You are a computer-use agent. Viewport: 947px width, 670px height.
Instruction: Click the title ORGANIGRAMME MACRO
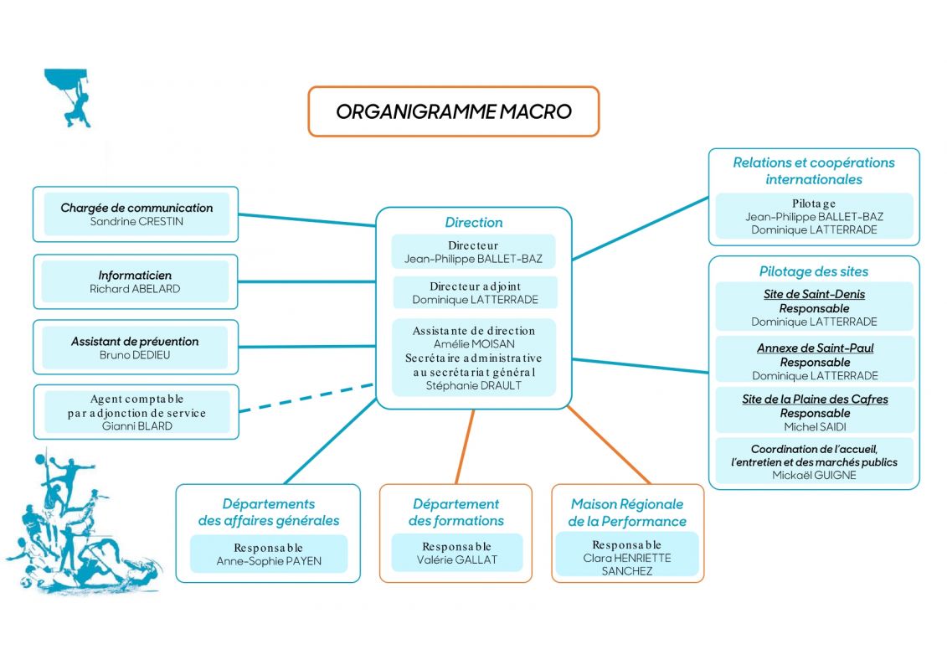point(454,111)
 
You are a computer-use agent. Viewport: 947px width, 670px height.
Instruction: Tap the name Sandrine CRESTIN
point(136,222)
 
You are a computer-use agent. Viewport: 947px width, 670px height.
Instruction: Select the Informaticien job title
point(135,276)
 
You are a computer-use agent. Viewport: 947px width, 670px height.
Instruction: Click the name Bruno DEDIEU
point(135,355)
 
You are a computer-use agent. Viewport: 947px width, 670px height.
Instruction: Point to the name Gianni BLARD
point(137,426)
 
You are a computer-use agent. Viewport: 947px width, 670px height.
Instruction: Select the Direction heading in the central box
point(474,222)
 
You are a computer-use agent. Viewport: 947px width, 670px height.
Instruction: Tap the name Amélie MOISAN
point(474,343)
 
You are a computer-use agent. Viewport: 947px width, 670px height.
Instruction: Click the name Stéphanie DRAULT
point(474,385)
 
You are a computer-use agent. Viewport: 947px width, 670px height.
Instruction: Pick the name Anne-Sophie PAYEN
point(269,561)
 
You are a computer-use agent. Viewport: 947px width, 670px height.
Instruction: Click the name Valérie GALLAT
point(456,560)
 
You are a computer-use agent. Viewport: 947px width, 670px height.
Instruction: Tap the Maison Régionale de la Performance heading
point(627,513)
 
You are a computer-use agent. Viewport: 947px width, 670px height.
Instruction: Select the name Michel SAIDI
point(815,427)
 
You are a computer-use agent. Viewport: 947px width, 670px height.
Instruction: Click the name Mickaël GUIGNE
point(814,476)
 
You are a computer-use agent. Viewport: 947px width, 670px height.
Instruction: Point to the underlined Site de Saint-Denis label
point(814,294)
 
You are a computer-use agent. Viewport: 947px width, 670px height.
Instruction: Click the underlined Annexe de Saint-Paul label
point(815,348)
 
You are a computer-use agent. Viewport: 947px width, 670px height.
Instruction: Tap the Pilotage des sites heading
point(814,272)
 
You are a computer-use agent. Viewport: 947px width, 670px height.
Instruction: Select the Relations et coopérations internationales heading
point(814,171)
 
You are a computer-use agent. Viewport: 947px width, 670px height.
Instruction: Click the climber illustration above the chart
point(69,96)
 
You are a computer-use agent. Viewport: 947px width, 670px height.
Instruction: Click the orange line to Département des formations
point(465,446)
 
